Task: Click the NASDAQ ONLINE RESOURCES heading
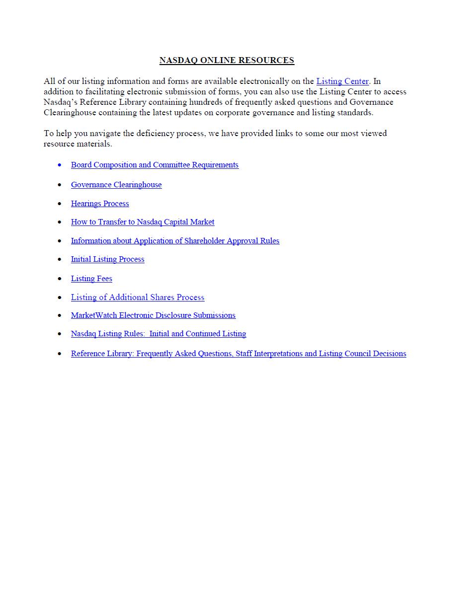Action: tap(227, 61)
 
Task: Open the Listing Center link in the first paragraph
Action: tap(342, 81)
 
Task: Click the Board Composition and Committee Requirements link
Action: tap(154, 165)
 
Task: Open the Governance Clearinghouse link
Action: tap(116, 185)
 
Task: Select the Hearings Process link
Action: tap(100, 204)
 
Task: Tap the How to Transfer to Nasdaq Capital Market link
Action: tap(143, 222)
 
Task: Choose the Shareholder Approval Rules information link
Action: tap(175, 241)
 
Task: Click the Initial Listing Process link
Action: tap(107, 259)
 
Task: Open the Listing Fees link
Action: tap(91, 279)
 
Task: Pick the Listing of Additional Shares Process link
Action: tap(138, 298)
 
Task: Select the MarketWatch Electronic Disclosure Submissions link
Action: tap(153, 315)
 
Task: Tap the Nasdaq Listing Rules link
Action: tap(158, 334)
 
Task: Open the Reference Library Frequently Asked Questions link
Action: tap(238, 354)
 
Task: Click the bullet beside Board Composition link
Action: tap(60, 165)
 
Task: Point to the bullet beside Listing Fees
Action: tap(60, 279)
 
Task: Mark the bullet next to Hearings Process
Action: tap(60, 204)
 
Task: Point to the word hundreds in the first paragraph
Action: tap(251, 102)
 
